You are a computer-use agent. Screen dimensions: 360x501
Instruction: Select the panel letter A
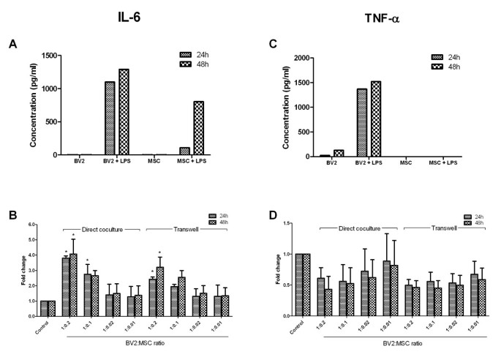pos(12,44)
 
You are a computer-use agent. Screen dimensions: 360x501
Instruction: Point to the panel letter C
pos(273,44)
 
